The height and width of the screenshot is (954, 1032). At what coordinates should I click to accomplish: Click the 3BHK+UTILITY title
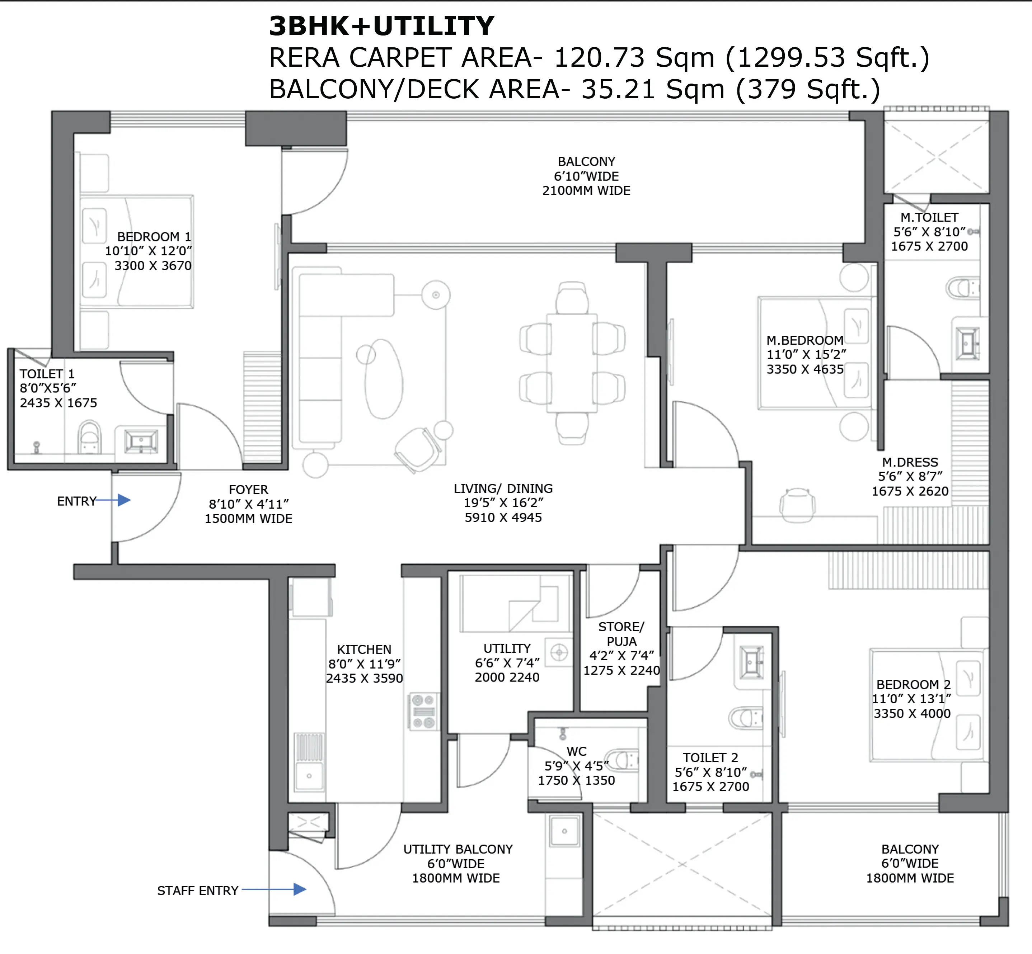click(x=381, y=26)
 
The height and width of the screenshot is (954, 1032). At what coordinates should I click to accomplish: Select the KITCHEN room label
click(x=364, y=650)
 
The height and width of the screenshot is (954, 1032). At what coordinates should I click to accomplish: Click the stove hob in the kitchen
click(x=423, y=711)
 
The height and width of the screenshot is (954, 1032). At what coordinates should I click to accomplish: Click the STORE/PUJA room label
click(x=621, y=634)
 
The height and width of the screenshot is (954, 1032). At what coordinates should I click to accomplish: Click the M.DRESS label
click(x=910, y=462)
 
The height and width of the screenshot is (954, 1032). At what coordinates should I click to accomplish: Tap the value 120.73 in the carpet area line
click(x=599, y=57)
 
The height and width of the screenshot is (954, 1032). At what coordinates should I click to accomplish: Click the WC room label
click(x=576, y=751)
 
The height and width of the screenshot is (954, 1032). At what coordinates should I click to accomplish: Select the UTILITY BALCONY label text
click(x=458, y=849)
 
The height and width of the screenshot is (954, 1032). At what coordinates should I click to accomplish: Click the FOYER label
click(x=248, y=490)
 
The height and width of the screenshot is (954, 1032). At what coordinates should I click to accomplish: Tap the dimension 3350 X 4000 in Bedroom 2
click(x=912, y=713)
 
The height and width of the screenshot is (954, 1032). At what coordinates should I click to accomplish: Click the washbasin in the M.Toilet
click(x=967, y=342)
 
